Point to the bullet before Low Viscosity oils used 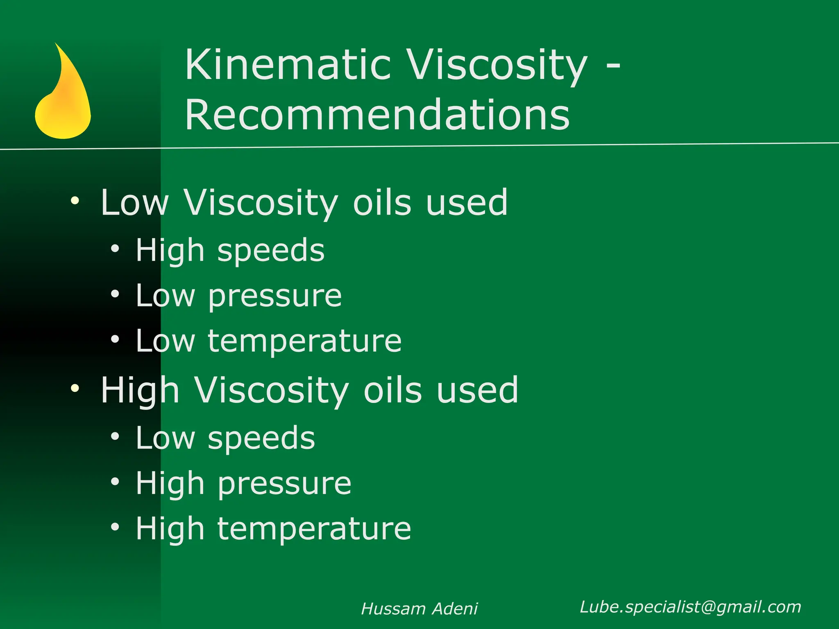(75, 201)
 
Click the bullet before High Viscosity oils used (75, 388)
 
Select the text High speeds (230, 250)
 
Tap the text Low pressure (238, 296)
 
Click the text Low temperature (268, 341)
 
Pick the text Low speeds (225, 438)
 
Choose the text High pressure (243, 483)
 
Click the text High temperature (273, 529)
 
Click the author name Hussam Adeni (419, 609)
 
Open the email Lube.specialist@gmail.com (690, 607)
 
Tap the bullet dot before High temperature (115, 527)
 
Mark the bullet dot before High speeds (115, 249)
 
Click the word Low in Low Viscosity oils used (134, 202)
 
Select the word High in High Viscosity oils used (140, 390)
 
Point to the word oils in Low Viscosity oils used (382, 202)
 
